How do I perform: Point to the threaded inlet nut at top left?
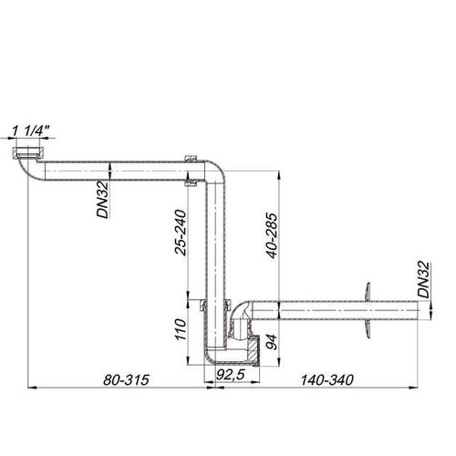point(30,151)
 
